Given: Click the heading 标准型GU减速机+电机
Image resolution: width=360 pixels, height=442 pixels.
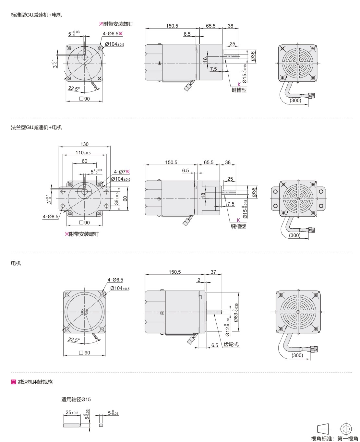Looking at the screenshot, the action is [37, 15].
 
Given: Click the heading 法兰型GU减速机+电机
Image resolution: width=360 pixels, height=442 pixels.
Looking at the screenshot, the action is [37, 127].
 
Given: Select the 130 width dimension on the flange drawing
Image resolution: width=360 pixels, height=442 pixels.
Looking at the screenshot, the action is [84, 144].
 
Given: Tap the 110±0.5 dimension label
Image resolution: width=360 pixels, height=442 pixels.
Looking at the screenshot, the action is [83, 153].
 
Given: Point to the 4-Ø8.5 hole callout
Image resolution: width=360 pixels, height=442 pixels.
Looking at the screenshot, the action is [50, 216].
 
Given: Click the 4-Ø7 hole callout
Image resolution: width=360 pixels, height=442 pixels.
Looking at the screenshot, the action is [122, 172].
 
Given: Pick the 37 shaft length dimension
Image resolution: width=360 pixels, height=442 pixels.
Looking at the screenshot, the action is [213, 272].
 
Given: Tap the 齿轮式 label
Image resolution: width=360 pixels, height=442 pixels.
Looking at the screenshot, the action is [231, 344].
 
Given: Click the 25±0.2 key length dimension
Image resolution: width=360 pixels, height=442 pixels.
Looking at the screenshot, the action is [72, 412].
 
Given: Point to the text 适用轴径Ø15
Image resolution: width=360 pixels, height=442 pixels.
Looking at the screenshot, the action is [76, 399].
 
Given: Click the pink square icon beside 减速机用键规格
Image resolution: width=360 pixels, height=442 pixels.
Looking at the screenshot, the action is [14, 382].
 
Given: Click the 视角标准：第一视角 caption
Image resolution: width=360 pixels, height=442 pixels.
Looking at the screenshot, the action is [334, 438].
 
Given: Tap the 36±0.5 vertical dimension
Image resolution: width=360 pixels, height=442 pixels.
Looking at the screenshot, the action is [117, 198].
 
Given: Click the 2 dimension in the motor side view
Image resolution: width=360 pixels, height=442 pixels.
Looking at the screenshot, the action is [199, 280].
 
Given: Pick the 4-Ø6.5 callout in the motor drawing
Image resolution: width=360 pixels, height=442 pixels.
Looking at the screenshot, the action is [115, 280].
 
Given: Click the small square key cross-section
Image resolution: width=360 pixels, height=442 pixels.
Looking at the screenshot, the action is [101, 425].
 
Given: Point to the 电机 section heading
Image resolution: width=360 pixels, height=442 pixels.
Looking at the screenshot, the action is [16, 263].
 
